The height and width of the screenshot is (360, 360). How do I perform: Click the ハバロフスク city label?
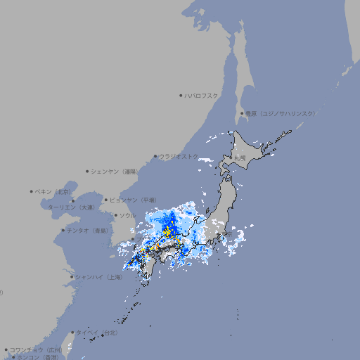[202, 95]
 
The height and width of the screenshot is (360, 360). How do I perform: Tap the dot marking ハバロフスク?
[181, 95]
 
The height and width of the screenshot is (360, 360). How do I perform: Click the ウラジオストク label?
[179, 156]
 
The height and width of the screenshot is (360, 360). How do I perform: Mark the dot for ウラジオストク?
[155, 157]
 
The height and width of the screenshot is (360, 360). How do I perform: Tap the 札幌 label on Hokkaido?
[240, 159]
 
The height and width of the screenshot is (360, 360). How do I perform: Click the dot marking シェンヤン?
[88, 171]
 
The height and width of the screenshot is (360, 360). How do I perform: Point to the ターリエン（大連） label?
[70, 207]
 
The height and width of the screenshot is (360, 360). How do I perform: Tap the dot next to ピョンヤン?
[107, 200]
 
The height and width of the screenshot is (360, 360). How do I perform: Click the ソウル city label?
[127, 215]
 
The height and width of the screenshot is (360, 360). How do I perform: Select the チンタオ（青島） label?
[88, 230]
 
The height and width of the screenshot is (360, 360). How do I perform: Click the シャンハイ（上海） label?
[99, 277]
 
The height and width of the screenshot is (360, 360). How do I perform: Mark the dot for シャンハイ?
[72, 277]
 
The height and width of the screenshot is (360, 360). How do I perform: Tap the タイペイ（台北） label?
[96, 332]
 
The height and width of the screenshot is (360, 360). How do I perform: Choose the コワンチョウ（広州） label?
[35, 349]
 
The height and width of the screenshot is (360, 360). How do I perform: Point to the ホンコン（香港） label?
[38, 357]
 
